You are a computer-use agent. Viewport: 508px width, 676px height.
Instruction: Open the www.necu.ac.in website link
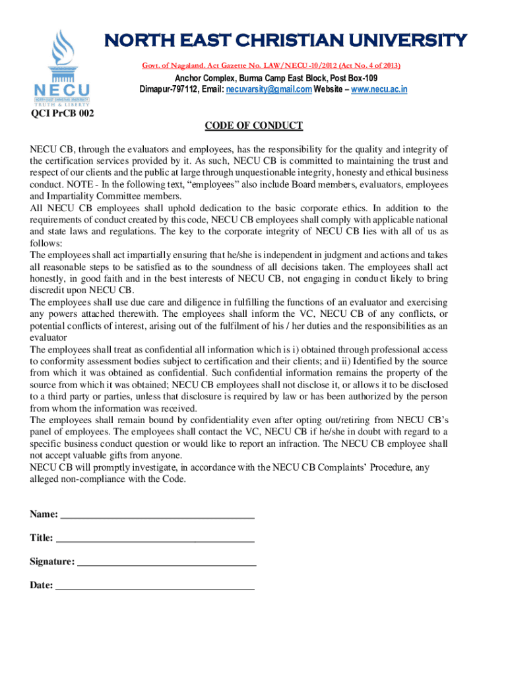379,89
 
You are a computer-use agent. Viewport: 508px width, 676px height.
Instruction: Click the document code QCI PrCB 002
63,114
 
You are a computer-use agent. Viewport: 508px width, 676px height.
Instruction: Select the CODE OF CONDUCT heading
253,126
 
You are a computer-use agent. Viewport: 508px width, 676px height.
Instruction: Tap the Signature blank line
167,562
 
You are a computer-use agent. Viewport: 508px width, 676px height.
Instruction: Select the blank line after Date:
154,585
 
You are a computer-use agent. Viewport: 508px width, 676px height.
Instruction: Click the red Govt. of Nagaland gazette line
271,65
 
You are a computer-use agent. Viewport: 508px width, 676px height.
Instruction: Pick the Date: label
41,585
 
